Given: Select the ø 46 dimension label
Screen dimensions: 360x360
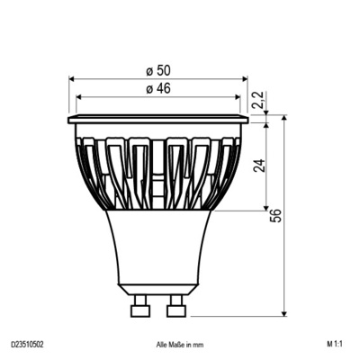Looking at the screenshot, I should pos(158,88).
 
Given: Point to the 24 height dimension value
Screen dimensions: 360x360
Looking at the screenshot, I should pos(258,166).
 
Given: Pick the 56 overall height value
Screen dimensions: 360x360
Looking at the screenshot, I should pos(276,215).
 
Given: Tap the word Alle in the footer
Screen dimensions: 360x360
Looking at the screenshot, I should pos(162,344).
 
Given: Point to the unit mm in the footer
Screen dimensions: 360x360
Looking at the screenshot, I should pos(199,344).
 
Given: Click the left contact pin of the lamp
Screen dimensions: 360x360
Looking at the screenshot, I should pos(139,309).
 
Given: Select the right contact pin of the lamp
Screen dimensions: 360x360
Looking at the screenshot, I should pos(175,309).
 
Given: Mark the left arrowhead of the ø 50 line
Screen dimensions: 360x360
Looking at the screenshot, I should pos(71,79).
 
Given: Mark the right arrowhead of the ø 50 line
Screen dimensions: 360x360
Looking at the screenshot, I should pos(244,79).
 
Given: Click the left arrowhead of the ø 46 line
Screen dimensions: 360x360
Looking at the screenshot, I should pos(79,96).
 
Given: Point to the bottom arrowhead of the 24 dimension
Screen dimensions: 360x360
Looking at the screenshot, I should pos(266,208).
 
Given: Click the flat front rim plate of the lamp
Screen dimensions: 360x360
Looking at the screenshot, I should pos(157,119).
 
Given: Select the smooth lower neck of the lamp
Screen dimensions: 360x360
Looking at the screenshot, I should pos(157,247).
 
